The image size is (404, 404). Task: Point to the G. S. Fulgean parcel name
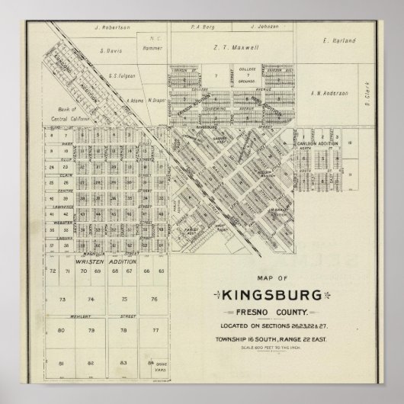[x=122, y=75]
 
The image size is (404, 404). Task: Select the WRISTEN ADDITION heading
[x=106, y=261]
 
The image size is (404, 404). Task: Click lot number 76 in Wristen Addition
[x=154, y=300]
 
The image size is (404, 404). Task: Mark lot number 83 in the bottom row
[x=122, y=363]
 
